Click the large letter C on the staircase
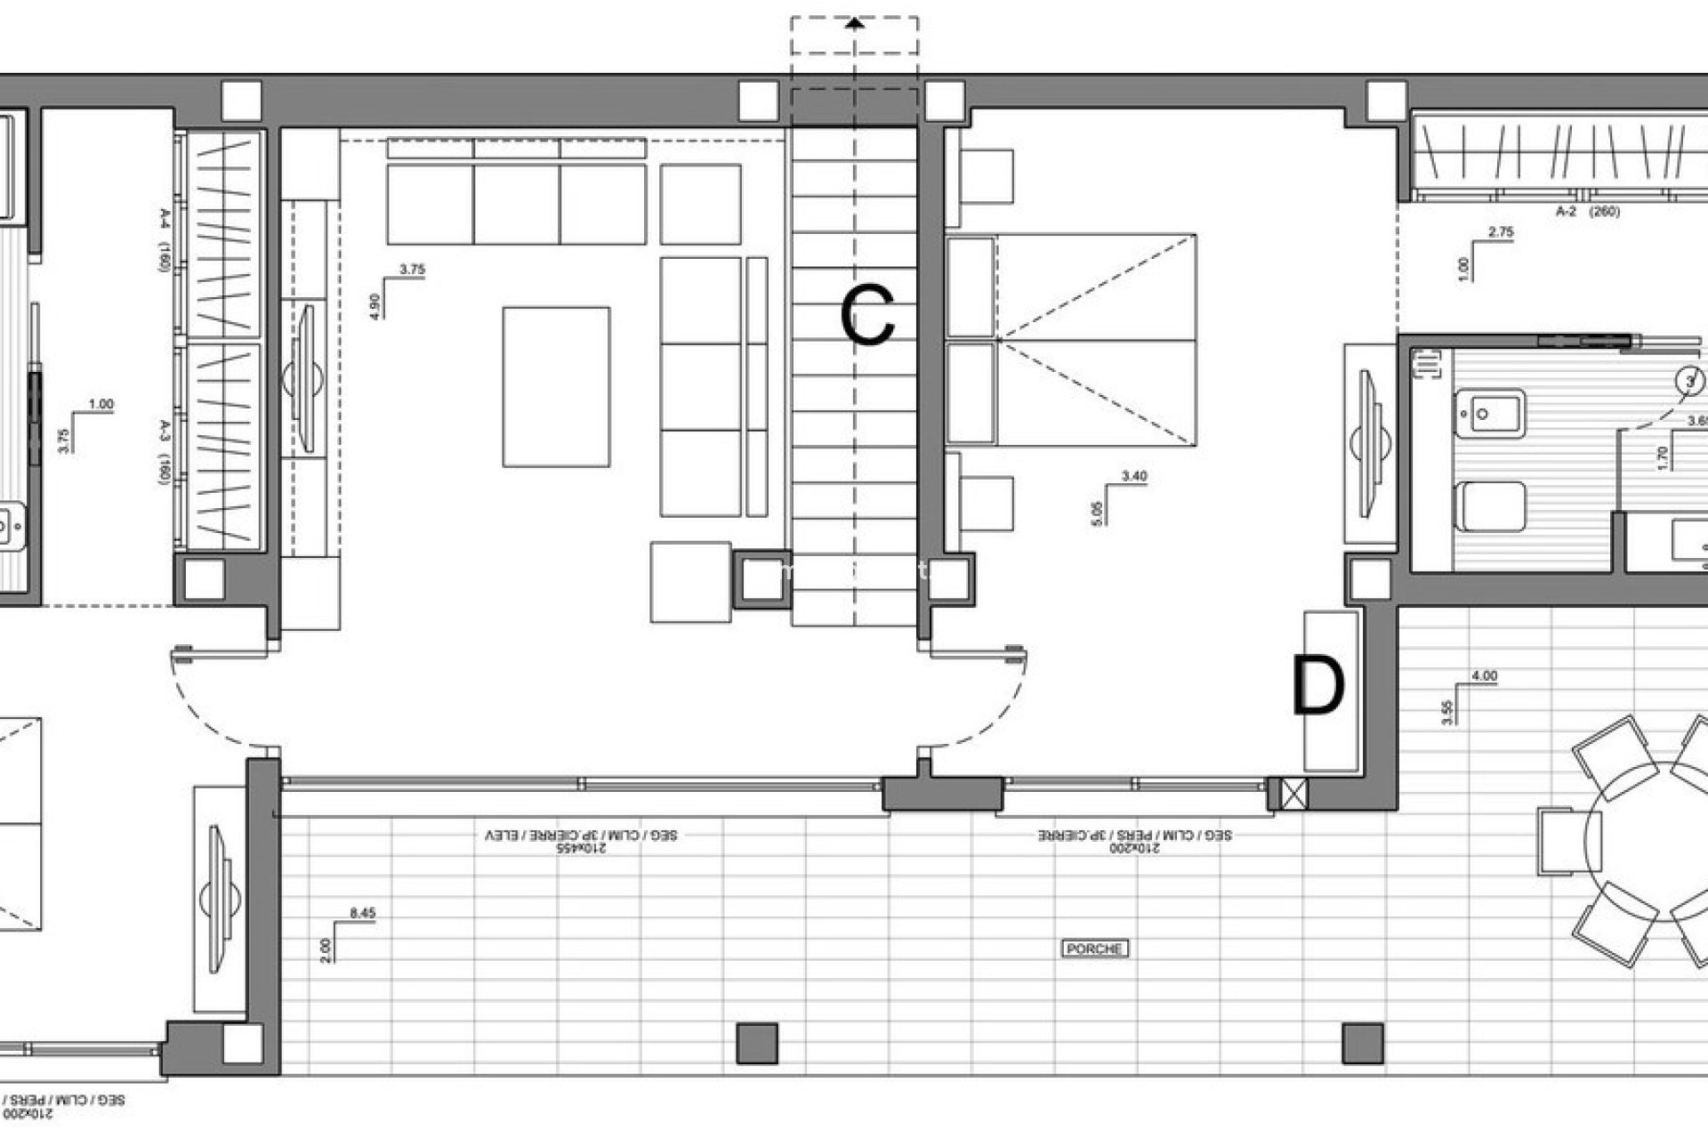pos(867,316)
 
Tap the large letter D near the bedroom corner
pos(1317,685)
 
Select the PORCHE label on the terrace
pos(1095,949)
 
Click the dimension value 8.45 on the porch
pos(363,912)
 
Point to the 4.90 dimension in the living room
pos(375,305)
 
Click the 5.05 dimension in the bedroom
pos(1096,513)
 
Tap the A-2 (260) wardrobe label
pos(1587,212)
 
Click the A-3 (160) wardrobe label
pos(165,451)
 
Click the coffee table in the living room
pos(556,386)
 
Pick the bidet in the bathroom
pos(1491,414)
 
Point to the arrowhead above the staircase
pos(855,24)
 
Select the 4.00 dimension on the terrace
pos(1484,676)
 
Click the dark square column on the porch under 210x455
pos(757,1043)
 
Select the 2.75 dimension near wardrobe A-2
pos(1500,232)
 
